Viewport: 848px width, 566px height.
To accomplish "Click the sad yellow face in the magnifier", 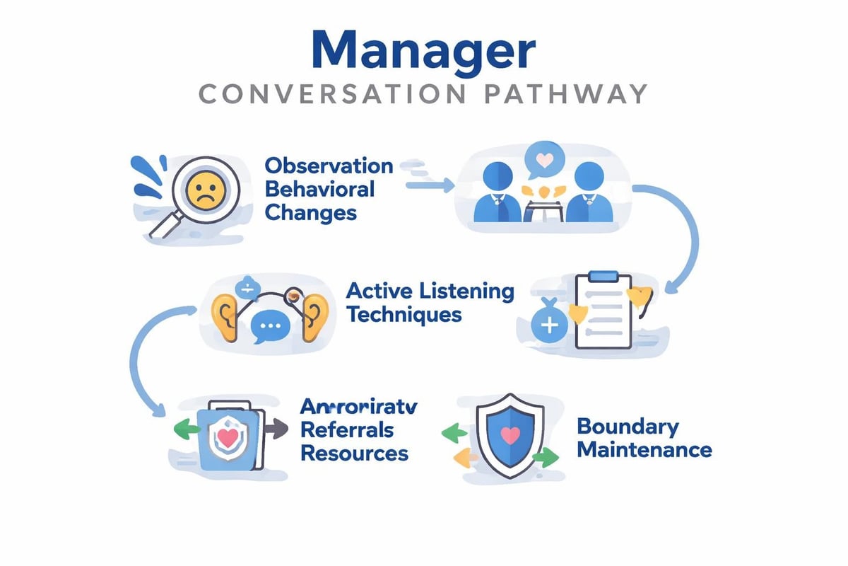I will point(204,189).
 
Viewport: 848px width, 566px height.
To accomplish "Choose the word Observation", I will point(329,166).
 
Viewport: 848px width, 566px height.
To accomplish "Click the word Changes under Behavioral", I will point(310,212).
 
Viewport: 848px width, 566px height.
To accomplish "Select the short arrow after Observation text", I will point(430,185).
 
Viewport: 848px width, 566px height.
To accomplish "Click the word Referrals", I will point(347,429).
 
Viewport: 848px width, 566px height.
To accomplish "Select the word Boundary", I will point(628,426).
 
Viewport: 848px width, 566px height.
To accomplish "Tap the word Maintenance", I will point(644,449).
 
